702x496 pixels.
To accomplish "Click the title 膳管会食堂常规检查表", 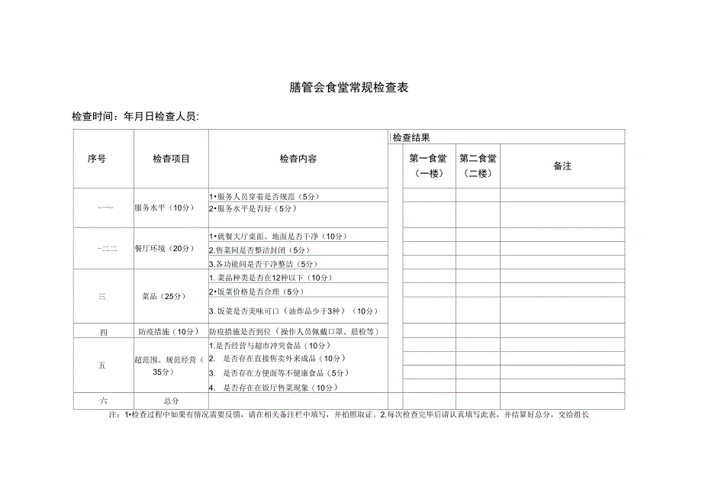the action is tap(350, 88).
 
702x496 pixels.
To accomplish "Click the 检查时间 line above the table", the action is tap(135, 117).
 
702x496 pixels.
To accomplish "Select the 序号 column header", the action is tap(97, 159).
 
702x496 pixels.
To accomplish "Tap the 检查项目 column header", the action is tap(171, 159).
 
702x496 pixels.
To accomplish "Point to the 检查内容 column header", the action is tap(298, 159).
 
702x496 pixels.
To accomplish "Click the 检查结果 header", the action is tap(411, 138).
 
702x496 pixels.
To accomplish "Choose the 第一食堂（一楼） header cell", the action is tap(429, 166).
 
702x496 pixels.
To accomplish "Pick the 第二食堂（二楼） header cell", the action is tap(478, 166).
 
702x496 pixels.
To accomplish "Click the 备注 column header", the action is tap(562, 166).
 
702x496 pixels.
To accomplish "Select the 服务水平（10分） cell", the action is tap(164, 208).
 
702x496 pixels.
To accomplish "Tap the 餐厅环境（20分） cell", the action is tap(164, 248).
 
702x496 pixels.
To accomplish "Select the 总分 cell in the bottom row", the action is tap(171, 400).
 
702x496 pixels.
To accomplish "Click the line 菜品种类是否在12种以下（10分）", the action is tap(271, 277).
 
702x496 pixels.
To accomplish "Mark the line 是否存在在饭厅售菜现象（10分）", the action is tap(273, 388).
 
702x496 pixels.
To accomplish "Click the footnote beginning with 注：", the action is tap(350, 415).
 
